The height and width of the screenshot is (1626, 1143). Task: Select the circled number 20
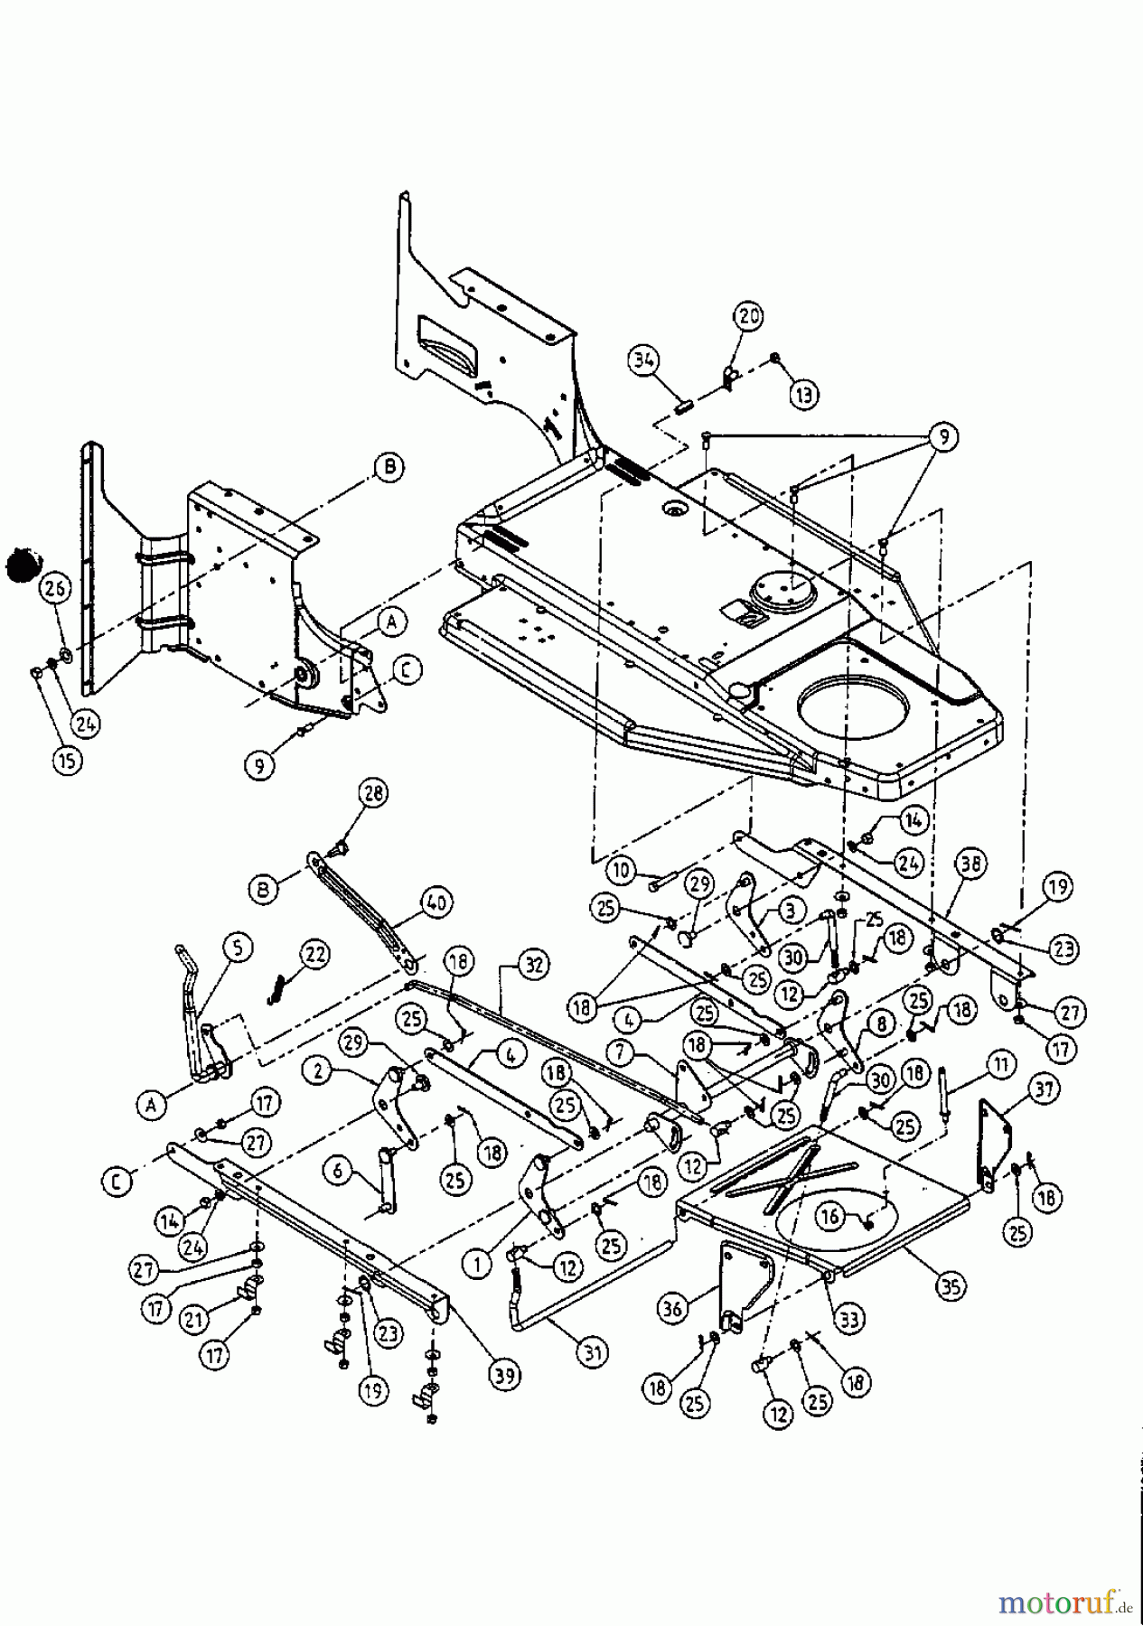click(750, 317)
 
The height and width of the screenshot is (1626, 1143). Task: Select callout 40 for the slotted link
click(439, 901)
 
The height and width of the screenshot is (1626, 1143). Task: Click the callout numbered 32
click(533, 966)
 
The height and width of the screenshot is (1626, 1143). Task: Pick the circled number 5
click(237, 948)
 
